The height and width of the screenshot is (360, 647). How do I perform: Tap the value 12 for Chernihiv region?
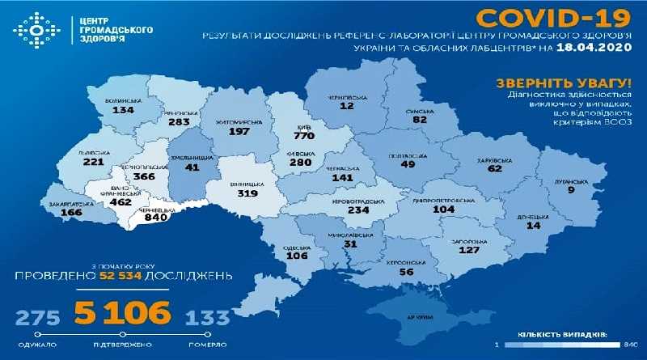click(348, 106)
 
